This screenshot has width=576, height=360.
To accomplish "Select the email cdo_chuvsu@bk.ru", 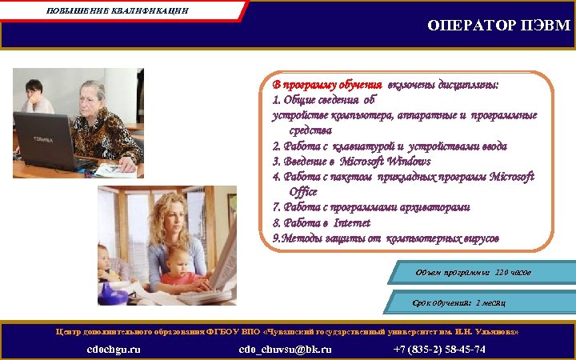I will [x=285, y=350].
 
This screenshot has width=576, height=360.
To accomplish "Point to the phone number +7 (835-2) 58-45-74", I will [x=439, y=350].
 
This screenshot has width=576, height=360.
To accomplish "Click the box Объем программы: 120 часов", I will [x=473, y=274].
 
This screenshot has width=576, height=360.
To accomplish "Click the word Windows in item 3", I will [x=408, y=162].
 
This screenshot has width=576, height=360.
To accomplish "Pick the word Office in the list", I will [x=303, y=192].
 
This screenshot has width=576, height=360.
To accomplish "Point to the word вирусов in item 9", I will [x=478, y=238].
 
